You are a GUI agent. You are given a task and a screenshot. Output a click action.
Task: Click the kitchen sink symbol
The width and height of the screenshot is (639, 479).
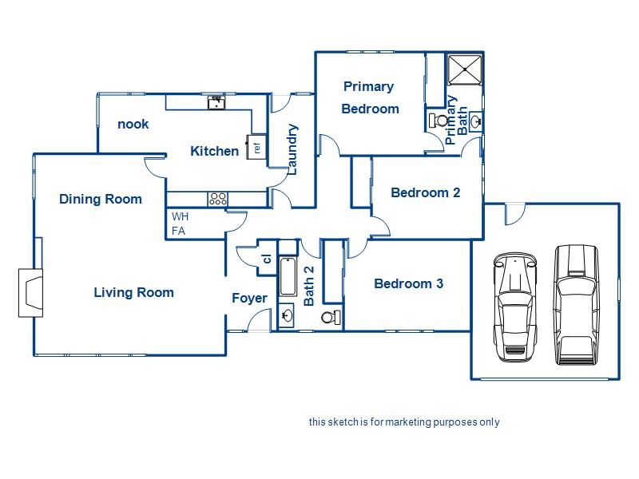(216, 103)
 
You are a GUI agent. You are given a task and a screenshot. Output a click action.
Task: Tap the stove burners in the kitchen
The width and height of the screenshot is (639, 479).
(217, 199)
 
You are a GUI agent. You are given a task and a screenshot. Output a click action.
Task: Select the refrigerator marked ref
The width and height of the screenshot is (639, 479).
(256, 147)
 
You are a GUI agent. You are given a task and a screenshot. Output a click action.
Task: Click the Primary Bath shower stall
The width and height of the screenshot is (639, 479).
(465, 69)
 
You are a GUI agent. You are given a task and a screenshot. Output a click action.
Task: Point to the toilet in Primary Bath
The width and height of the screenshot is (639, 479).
(439, 121)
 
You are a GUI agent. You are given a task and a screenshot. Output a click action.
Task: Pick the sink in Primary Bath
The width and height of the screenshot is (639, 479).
(476, 121)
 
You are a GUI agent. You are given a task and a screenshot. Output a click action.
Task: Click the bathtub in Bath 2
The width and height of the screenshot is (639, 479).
(288, 276)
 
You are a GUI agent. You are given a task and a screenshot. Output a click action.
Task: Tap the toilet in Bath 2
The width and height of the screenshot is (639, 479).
(331, 317)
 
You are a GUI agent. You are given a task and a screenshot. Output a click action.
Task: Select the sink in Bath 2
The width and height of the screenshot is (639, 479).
(287, 315)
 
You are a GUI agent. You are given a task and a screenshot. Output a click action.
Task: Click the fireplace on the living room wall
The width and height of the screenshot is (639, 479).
(31, 292)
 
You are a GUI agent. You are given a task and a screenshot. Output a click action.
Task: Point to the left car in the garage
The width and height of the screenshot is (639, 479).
(514, 307)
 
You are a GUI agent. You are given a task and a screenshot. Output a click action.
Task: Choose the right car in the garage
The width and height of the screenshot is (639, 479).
(576, 304)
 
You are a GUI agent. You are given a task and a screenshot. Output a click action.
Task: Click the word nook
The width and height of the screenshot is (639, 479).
(133, 124)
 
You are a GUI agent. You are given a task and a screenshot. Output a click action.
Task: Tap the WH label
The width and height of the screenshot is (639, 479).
(180, 216)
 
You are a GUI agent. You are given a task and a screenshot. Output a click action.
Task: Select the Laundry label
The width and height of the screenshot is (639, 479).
(292, 149)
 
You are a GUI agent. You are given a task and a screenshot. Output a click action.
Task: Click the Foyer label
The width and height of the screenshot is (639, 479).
(249, 298)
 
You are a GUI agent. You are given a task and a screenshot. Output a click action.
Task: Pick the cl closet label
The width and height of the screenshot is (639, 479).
(267, 258)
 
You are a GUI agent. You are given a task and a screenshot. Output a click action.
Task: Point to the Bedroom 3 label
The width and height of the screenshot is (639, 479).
(408, 283)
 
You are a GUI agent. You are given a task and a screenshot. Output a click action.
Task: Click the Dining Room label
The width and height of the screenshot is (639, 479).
(101, 199)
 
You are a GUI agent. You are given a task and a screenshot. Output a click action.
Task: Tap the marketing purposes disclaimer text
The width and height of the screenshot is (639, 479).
(404, 422)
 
